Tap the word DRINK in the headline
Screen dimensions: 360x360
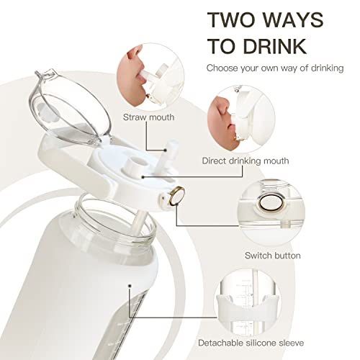tap(275, 46)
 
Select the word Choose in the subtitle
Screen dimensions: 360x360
tap(222, 68)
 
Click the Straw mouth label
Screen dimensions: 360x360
tap(149, 117)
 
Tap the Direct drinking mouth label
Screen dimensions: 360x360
tap(246, 161)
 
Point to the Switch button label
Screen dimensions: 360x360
tap(273, 256)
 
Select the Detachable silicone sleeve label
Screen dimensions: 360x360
tap(251, 343)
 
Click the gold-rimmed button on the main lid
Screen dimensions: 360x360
tap(176, 196)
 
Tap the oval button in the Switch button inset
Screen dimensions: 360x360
tap(271, 203)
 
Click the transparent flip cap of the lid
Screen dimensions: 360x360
tap(70, 108)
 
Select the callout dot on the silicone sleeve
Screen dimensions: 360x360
tap(130, 286)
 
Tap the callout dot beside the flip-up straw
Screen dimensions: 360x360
tap(166, 150)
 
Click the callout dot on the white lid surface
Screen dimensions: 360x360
tap(143, 177)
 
